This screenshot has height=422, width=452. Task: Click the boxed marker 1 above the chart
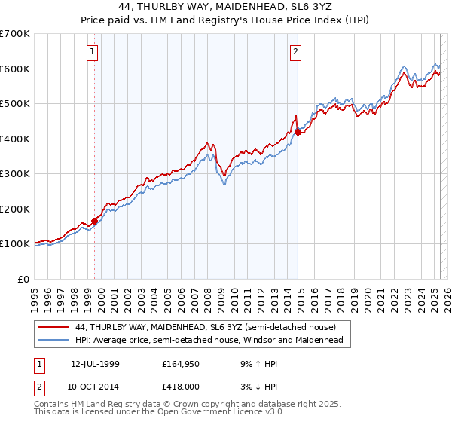pos(91,52)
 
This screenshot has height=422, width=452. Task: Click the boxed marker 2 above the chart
pos(295,52)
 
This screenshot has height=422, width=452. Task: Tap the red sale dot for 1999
pos(95,221)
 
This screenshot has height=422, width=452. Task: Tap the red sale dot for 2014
pos(298,132)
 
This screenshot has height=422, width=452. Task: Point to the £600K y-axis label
pos(14,69)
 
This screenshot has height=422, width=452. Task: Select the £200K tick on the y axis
pos(14,209)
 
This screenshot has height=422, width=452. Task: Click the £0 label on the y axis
pos(23,279)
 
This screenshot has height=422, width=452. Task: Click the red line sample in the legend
pos(53,327)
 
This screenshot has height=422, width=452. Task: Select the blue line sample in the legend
pos(53,341)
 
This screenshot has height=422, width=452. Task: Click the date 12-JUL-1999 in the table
pos(95,364)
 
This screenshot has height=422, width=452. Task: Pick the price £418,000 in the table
pos(180,387)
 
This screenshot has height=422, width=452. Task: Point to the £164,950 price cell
pos(180,364)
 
